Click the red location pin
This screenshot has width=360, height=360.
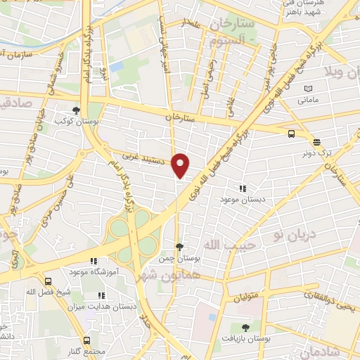(x=181, y=165)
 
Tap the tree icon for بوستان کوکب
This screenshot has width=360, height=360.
(x=76, y=110)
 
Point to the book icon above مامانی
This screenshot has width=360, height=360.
(x=307, y=89)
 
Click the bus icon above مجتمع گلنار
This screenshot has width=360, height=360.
(x=88, y=339)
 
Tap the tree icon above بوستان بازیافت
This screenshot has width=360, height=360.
(x=245, y=328)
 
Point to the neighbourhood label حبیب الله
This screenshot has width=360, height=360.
(x=221, y=244)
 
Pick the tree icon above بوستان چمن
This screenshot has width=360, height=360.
(x=181, y=247)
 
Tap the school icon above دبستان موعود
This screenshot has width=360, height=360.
(x=243, y=188)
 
